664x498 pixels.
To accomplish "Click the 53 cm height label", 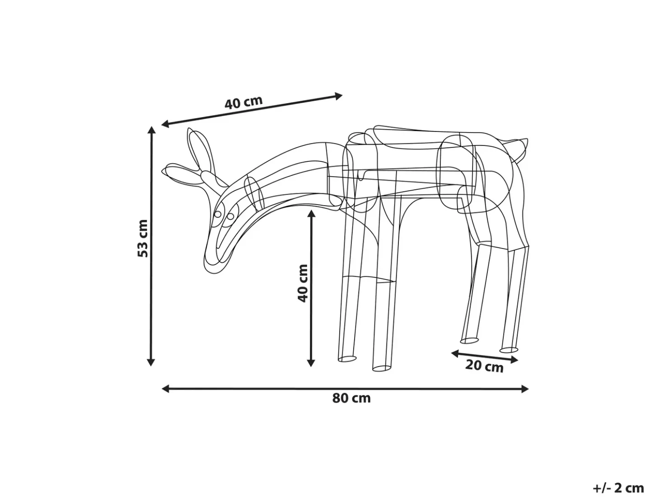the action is [143, 239].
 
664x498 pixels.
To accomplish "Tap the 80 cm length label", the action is [351, 398].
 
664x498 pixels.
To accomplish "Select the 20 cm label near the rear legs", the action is [484, 366].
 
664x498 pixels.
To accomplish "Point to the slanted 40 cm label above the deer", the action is [243, 102].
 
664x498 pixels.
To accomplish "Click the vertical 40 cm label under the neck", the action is [303, 283].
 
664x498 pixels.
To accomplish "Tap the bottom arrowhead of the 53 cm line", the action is [151, 362].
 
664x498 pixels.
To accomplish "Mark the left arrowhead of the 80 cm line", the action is [166, 389].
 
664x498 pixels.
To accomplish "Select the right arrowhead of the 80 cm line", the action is [524, 389].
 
